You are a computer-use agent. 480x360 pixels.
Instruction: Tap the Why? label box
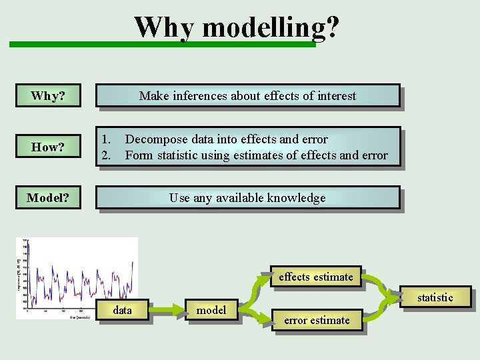48,96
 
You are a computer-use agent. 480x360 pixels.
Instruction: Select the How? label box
48,147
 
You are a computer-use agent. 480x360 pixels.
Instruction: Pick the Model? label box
48,198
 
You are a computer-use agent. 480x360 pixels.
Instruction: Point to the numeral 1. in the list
106,139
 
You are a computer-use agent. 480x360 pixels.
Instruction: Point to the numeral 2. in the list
106,155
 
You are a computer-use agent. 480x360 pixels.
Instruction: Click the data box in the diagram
123,311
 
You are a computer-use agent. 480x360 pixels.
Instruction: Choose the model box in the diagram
211,310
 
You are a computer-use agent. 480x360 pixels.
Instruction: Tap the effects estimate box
316,277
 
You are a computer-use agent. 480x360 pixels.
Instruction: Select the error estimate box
317,320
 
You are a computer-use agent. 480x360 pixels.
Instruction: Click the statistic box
435,297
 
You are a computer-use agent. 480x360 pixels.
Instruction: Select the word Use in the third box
179,198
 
